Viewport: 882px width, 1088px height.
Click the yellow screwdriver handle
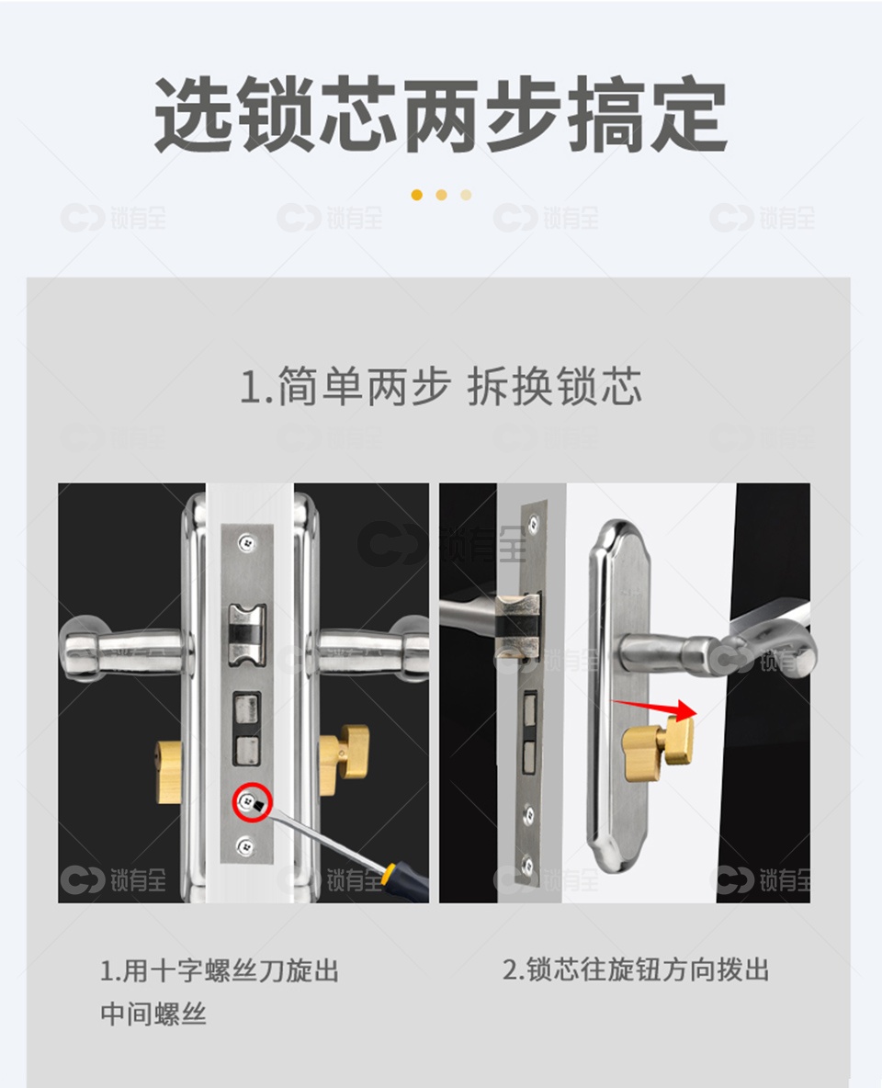405,879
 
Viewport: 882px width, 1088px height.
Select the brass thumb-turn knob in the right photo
659,749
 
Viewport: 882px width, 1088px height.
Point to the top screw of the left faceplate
245,542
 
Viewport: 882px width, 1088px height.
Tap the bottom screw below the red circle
245,845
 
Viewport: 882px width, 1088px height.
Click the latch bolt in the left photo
246,632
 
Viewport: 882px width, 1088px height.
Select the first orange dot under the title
416,195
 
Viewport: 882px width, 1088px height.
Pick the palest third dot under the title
466,195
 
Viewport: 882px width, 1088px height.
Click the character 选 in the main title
192,115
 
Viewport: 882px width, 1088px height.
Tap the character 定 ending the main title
687,115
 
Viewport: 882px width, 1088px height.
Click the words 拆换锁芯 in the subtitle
554,387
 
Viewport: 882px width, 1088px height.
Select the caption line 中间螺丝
153,1014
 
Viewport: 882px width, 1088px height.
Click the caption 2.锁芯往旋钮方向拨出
636,969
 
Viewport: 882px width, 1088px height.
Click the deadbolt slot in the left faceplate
247,729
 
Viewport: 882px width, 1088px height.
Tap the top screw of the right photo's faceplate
533,523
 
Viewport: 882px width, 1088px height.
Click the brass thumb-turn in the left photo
344,761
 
